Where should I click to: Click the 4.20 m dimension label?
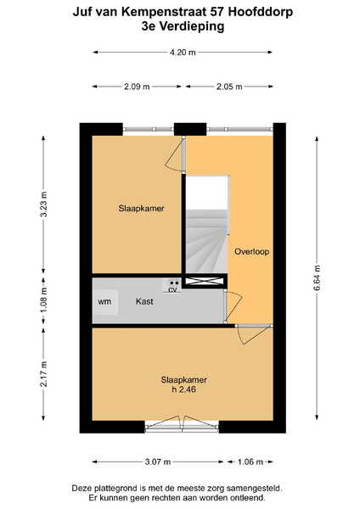coord(183,53)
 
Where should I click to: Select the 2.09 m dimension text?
coord(137,87)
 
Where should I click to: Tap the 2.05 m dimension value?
coord(229,87)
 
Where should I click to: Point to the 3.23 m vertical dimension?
coord(44,204)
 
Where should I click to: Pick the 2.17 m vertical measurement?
coord(44,373)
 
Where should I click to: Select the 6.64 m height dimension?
coord(318,278)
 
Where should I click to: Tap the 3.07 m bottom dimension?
coord(158,461)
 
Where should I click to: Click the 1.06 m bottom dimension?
coord(250,461)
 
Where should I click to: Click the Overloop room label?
coord(252,252)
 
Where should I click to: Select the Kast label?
coord(144,301)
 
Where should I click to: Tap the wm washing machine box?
coord(105,302)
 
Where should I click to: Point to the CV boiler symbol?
coord(172,286)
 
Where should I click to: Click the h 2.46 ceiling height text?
coord(184,389)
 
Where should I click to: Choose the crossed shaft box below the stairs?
coord(205,281)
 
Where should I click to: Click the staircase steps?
coord(206,241)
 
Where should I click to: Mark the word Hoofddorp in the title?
coord(261,13)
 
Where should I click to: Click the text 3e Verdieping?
coord(183,26)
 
